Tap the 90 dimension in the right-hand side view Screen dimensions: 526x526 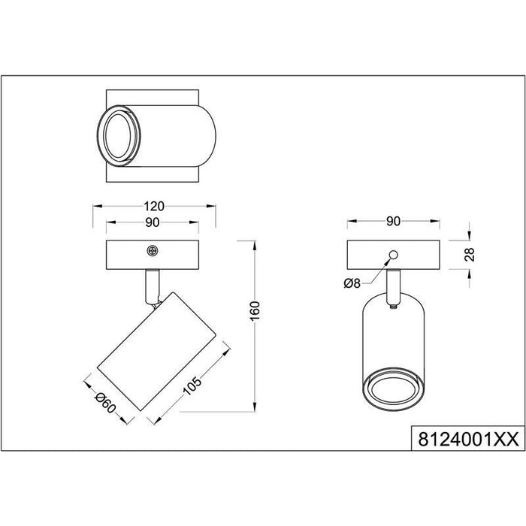point(392,222)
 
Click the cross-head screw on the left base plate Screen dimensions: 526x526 point(153,251)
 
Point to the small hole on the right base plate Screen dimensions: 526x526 point(392,253)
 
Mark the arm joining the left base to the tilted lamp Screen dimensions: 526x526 point(153,286)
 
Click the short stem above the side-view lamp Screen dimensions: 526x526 point(392,287)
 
